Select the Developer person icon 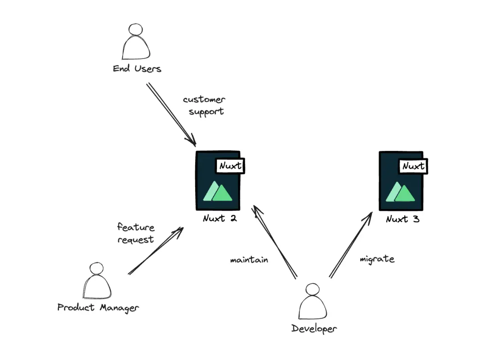312,303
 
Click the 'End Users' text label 137,69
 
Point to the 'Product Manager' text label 98,308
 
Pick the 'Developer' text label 314,328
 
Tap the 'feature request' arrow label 136,233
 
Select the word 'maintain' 249,260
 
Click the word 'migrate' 377,259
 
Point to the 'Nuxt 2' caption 220,219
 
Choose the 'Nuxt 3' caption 403,219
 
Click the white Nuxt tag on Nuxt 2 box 231,166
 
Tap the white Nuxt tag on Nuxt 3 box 413,166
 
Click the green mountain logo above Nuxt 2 218,191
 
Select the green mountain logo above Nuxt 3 400,191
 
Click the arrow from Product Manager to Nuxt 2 156,251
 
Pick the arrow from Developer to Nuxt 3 351,245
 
